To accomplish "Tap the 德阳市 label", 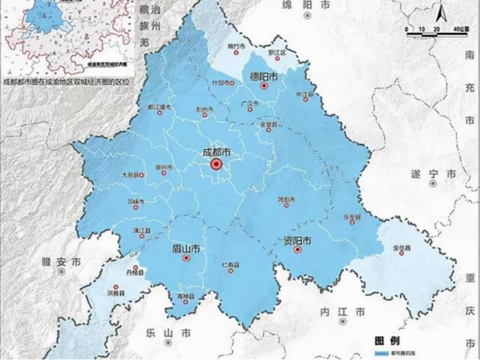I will coord(263,76).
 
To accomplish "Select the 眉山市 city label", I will coord(186,248).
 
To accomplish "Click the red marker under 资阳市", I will coord(297,250).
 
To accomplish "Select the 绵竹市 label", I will coord(236,45).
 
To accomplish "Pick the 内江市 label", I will coord(343,312).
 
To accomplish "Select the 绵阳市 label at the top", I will coord(306,5).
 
